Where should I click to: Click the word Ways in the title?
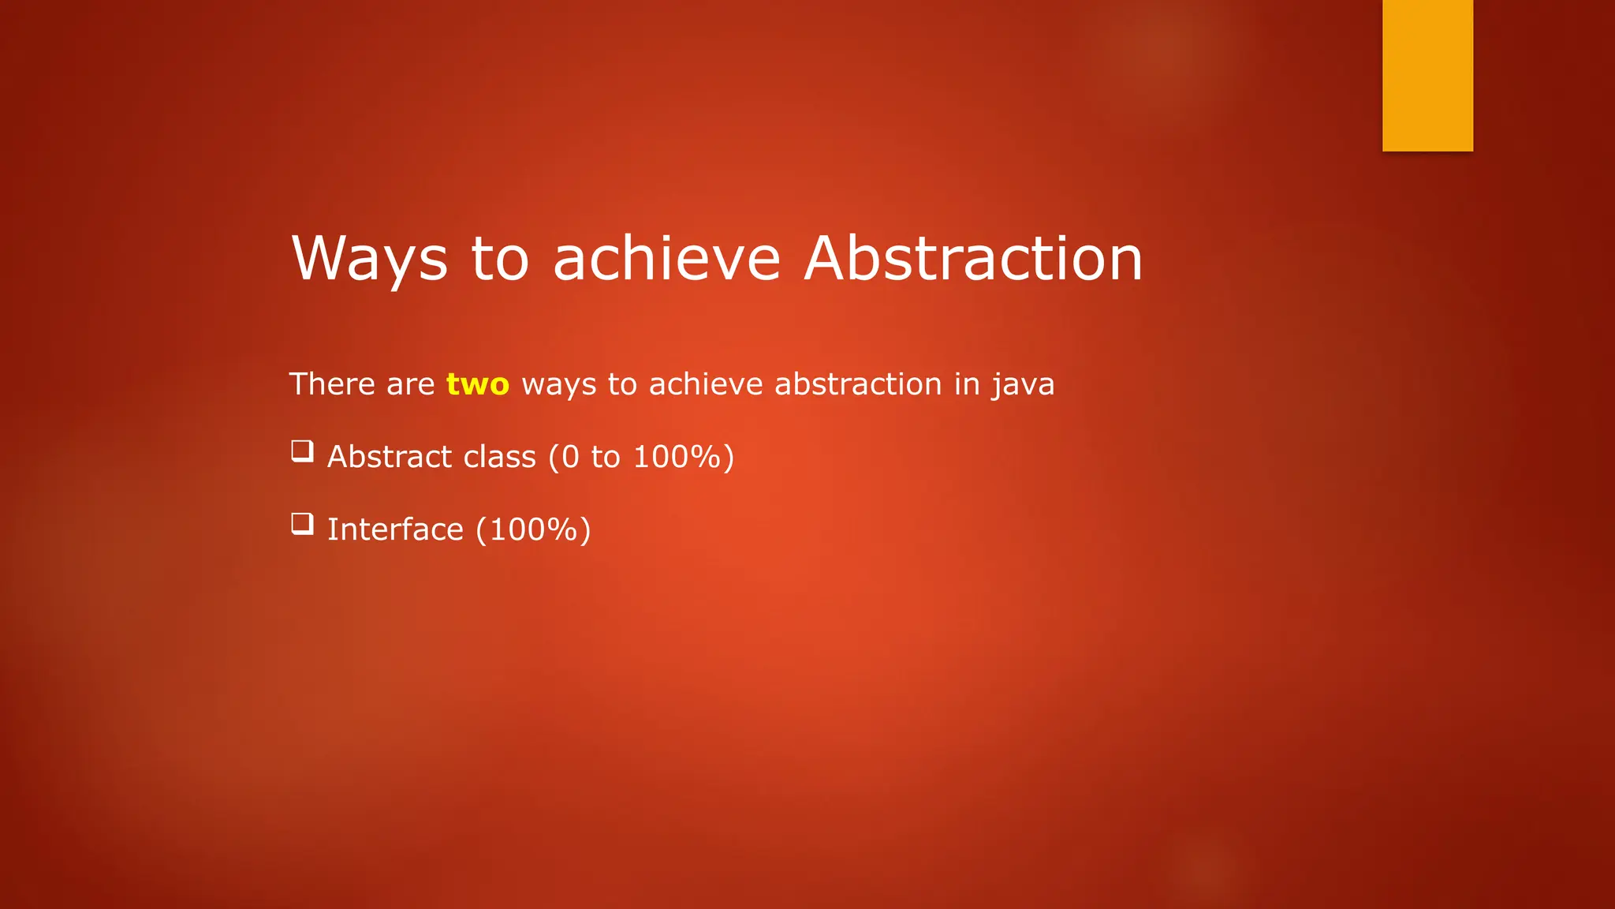[x=369, y=259]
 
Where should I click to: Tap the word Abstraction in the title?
[x=973, y=259]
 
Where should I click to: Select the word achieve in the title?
[x=666, y=259]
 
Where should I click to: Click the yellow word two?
[x=477, y=384]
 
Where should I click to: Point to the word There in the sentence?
[x=331, y=384]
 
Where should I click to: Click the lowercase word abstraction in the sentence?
[x=858, y=384]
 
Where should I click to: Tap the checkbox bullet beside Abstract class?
[x=302, y=451]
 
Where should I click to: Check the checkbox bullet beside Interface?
[x=302, y=524]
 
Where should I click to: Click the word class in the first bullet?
[x=499, y=457]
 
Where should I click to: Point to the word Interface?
[x=395, y=529]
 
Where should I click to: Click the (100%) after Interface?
[x=533, y=529]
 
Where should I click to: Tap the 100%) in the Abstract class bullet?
[x=683, y=457]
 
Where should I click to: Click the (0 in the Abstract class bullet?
[x=564, y=457]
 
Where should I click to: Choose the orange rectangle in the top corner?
[x=1427, y=75]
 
